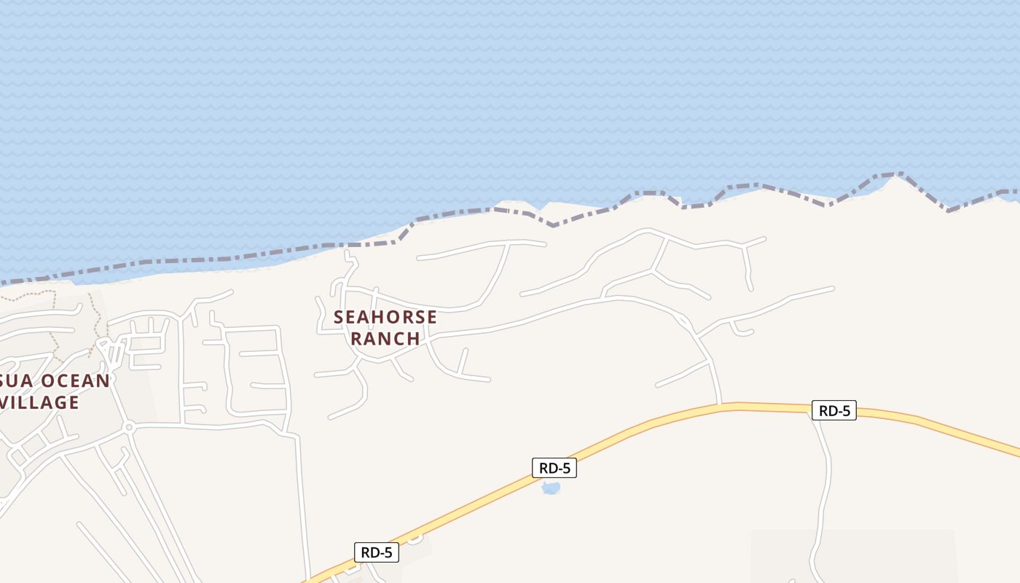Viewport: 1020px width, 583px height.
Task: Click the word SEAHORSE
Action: [385, 317]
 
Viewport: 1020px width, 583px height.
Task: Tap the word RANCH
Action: [385, 338]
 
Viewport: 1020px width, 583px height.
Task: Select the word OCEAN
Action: [75, 380]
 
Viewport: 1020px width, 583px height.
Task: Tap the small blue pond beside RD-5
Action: [551, 488]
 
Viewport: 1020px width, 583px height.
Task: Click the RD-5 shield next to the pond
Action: [554, 468]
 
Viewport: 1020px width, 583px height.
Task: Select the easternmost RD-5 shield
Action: [834, 410]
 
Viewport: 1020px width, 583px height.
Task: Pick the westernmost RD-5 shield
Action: [377, 552]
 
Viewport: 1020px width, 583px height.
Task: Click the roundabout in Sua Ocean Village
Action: [129, 426]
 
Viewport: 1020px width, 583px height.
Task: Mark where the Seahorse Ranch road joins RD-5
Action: [720, 404]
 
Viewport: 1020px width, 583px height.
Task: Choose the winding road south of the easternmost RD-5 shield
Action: [825, 481]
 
